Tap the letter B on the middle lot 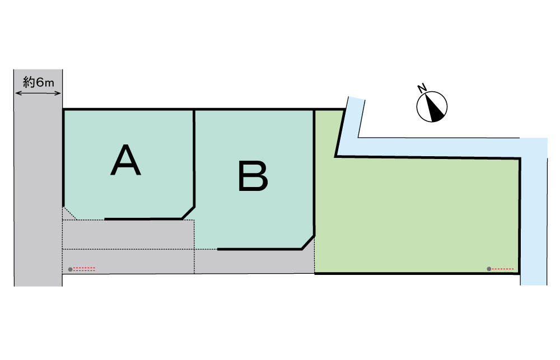pos(253,176)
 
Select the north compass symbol pos(433,106)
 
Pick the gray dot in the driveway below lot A pos(70,269)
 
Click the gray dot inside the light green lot pos(489,269)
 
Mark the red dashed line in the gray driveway pos(85,269)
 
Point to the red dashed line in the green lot pos(503,269)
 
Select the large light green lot pos(420,213)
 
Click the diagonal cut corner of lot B pos(307,242)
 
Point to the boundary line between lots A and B pos(194,157)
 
